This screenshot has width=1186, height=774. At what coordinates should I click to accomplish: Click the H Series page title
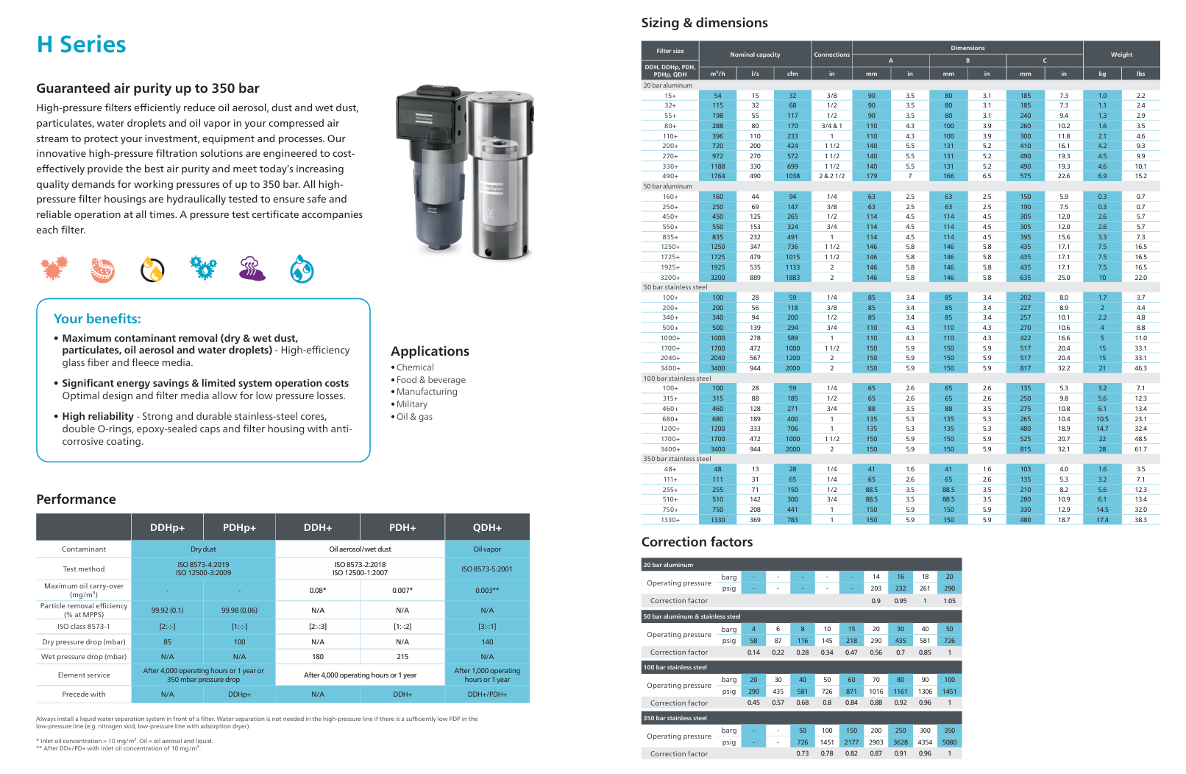pos(82,45)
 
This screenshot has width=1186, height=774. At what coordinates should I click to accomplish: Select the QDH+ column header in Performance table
pos(487,527)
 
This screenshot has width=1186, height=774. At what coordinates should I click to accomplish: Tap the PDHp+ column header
pos(240,527)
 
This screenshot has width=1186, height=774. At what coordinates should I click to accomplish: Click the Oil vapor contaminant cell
pos(487,549)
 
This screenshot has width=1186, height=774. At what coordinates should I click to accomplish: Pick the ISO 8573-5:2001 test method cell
pos(487,569)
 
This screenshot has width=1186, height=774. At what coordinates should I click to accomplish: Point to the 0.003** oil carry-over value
pos(487,591)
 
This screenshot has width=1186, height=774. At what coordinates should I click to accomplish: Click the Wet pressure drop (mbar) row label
pos(84,657)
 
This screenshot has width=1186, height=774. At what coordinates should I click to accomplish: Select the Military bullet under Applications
pos(411,404)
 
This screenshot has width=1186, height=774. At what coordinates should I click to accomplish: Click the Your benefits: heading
pos(97,319)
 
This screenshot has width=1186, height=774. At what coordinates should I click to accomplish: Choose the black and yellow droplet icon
pos(152,270)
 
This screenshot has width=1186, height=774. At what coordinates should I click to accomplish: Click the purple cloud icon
pos(252,269)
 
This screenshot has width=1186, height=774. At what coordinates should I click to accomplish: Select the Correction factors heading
pos(697,542)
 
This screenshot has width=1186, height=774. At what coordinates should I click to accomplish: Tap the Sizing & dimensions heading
pos(704,23)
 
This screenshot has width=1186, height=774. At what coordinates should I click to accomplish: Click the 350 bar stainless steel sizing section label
pos(677,459)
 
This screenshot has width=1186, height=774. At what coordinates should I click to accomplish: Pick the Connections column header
pos(831,54)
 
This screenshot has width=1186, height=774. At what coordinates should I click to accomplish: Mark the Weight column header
pos(1121,54)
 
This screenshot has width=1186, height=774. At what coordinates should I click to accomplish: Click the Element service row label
pos(84,675)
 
